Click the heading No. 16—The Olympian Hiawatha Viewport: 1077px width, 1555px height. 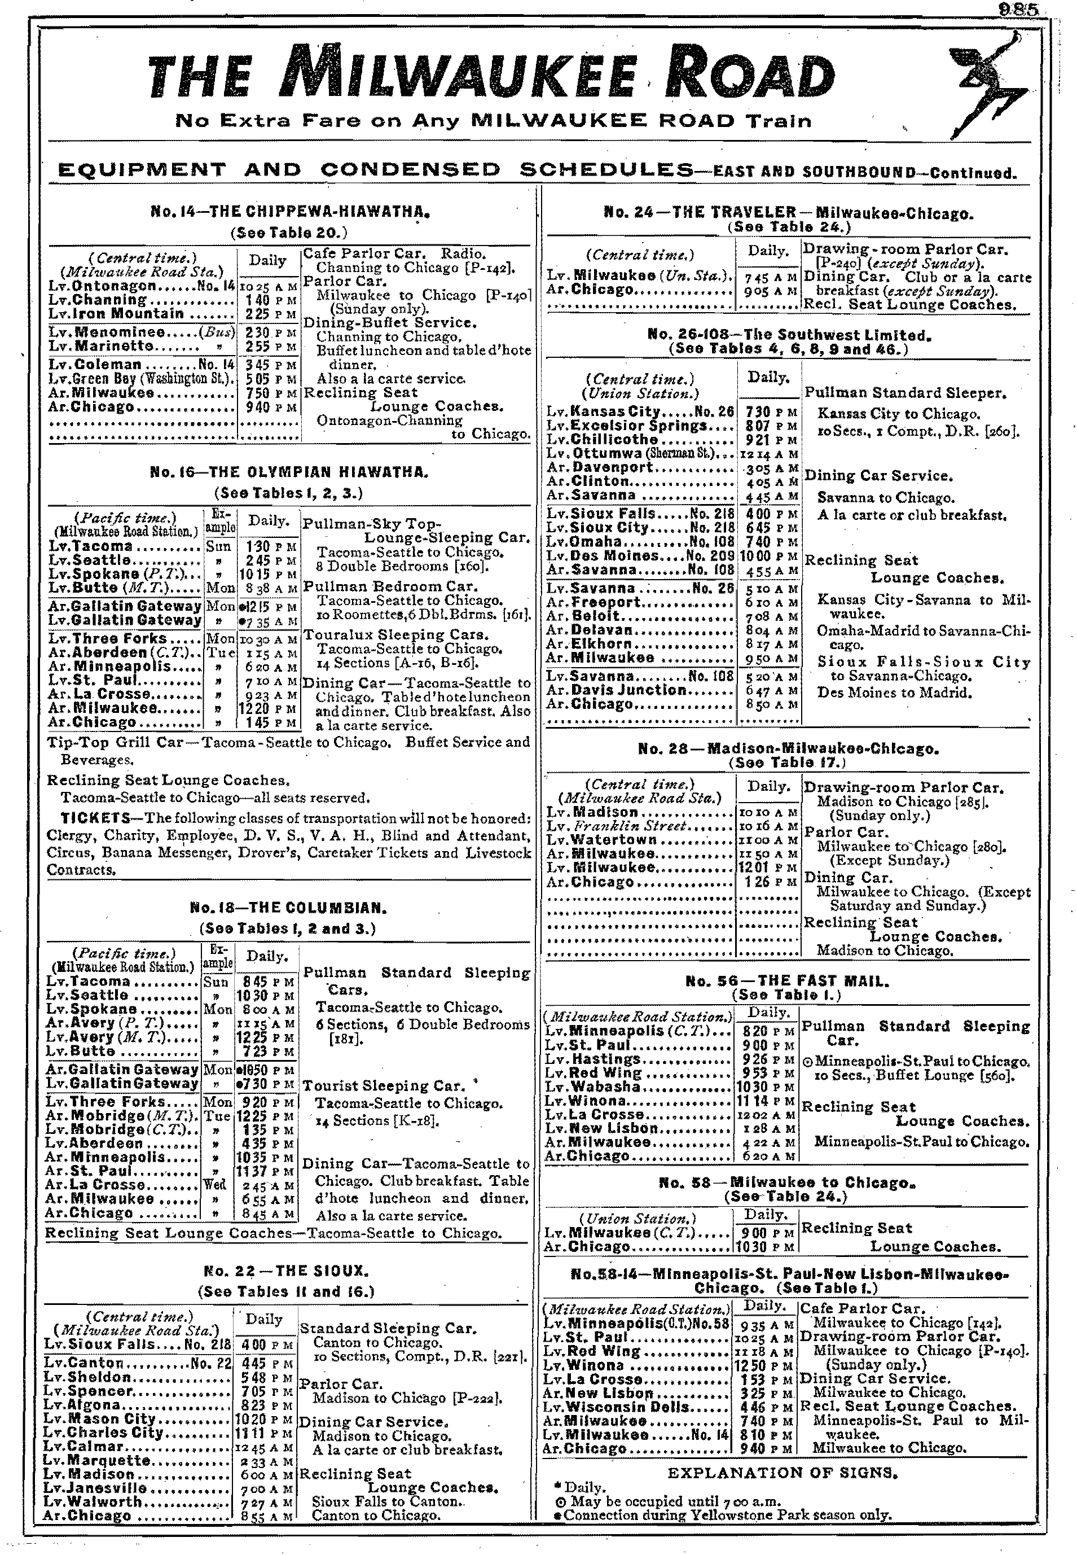tap(289, 472)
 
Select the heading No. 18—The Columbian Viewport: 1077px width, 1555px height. tap(288, 908)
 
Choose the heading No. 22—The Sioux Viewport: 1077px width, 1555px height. tap(285, 1272)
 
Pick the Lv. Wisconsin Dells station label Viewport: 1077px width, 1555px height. tap(617, 1408)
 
